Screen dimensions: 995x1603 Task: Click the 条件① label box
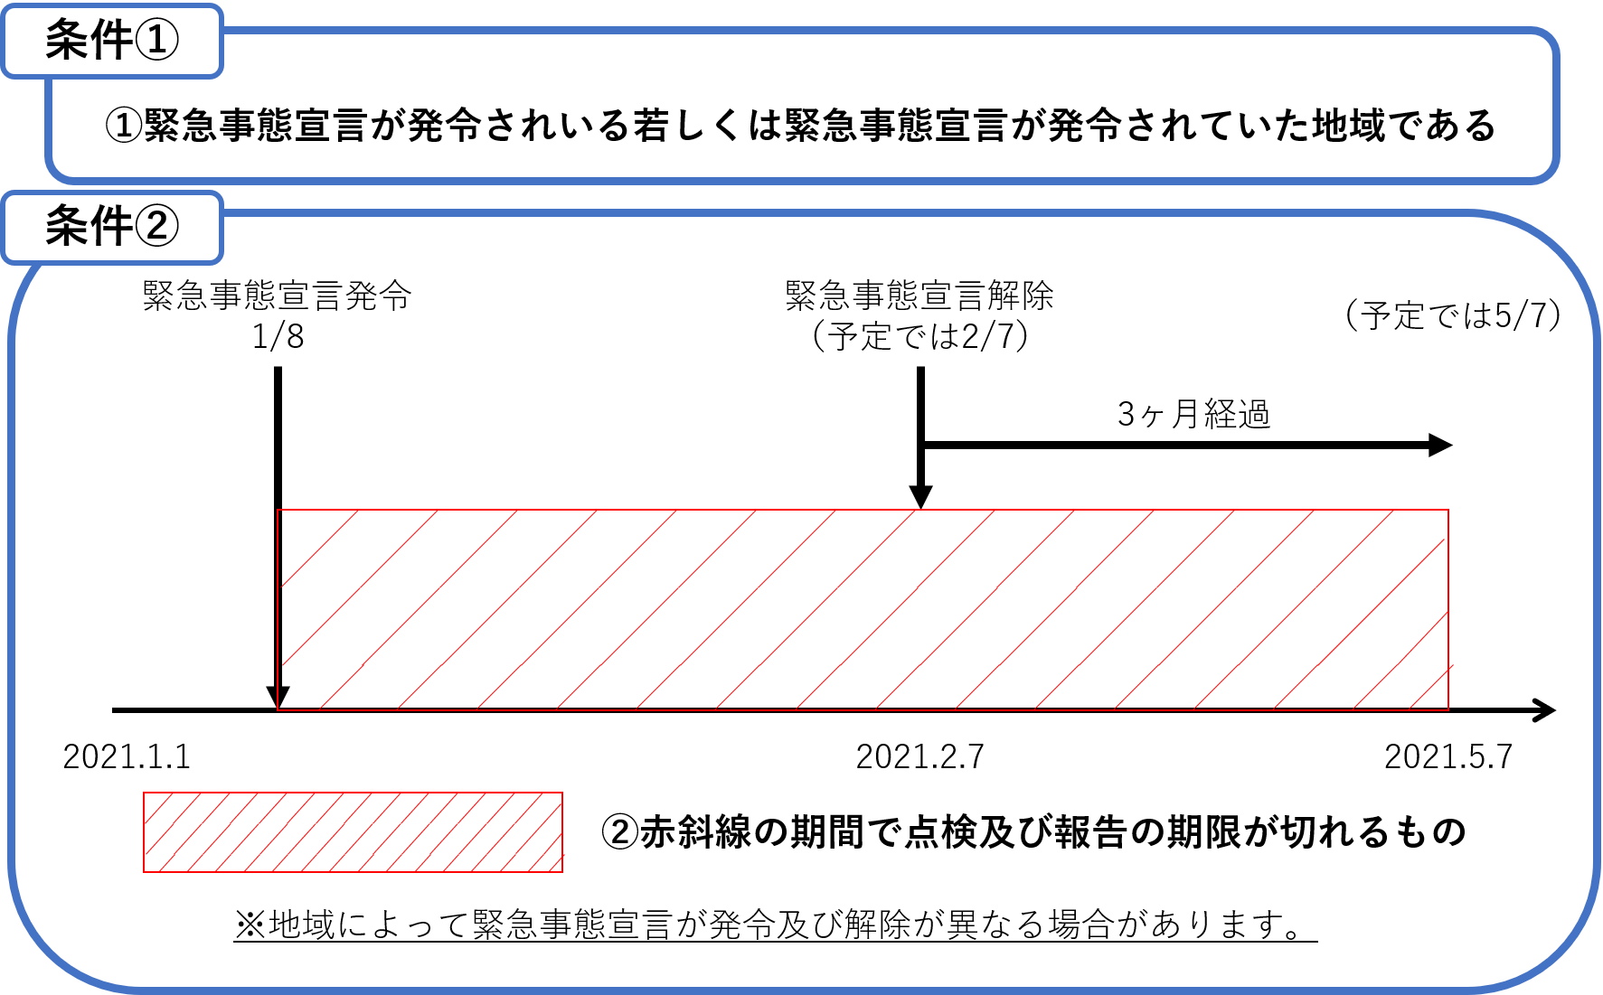[x=112, y=42]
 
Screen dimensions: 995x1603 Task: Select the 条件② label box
[x=112, y=228]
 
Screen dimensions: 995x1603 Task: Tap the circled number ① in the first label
[x=156, y=41]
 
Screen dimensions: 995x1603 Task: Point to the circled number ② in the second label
[x=156, y=226]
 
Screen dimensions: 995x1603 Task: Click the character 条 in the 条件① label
[x=67, y=41]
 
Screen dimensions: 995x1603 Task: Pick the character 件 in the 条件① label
[x=111, y=41]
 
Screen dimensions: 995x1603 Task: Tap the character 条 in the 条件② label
[x=67, y=226]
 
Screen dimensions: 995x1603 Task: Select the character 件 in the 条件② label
[x=111, y=226]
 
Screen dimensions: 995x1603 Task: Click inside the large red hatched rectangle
[x=863, y=610]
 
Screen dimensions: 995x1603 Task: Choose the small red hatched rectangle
[x=353, y=832]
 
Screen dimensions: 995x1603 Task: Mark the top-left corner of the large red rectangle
[x=278, y=511]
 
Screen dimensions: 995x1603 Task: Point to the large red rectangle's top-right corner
[x=1448, y=511]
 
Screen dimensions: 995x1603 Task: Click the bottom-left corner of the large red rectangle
[x=278, y=710]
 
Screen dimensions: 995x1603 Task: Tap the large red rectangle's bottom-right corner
[x=1448, y=710]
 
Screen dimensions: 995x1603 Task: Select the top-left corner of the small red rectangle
[x=144, y=793]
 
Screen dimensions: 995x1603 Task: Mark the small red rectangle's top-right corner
[x=562, y=793]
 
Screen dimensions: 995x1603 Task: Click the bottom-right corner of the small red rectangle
[x=562, y=871]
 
